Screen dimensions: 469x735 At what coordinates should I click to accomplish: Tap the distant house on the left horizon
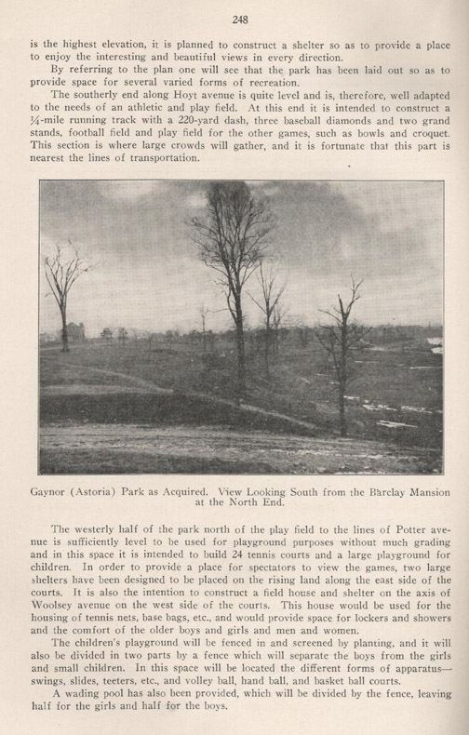(73, 331)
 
